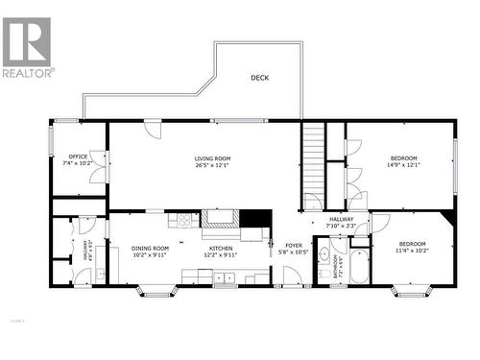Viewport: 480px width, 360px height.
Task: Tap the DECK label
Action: click(x=259, y=78)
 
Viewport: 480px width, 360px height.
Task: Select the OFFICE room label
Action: click(x=77, y=156)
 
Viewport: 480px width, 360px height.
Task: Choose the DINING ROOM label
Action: click(x=150, y=249)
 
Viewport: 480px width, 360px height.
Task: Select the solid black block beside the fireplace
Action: click(x=254, y=218)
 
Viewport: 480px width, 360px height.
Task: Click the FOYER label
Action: click(x=294, y=246)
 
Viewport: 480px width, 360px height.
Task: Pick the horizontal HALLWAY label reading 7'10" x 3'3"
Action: click(x=342, y=223)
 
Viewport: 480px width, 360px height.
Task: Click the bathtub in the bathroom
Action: click(x=359, y=266)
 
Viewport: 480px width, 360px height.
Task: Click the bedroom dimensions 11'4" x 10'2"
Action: click(x=413, y=251)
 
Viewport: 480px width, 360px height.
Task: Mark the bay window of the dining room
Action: click(x=156, y=291)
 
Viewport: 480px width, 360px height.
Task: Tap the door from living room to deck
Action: click(x=153, y=128)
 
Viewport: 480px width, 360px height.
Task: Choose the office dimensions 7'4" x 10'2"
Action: click(x=77, y=164)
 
